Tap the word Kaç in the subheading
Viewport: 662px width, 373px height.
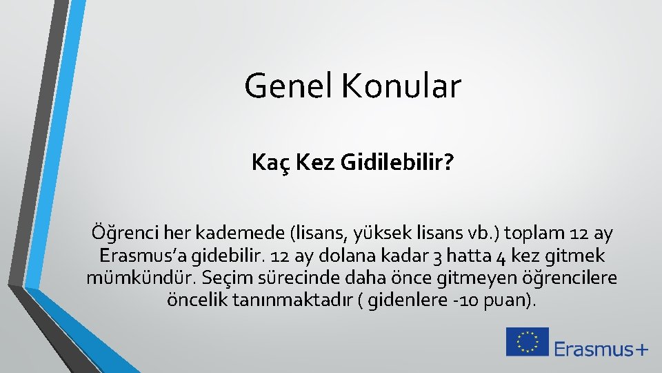point(267,163)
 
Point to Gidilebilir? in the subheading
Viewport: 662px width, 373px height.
point(396,163)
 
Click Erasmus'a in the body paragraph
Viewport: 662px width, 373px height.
point(141,256)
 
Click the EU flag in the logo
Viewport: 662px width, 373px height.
point(528,342)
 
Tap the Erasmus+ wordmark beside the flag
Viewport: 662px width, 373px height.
point(601,348)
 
